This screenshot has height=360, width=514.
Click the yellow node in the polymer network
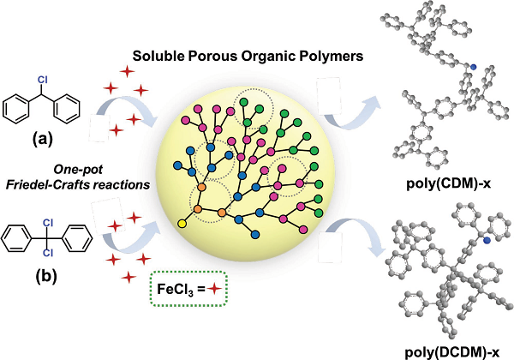tap(182, 224)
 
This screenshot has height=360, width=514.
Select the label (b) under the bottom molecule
tap(46, 276)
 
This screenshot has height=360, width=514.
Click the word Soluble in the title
tap(158, 56)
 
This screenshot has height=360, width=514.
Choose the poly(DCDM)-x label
tap(452, 353)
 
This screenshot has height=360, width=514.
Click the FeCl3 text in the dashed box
tap(177, 289)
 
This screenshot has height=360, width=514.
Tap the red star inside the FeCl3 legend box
tap(214, 289)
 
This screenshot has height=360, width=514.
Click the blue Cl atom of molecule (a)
tap(43, 80)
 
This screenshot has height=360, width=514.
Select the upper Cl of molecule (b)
tap(48, 223)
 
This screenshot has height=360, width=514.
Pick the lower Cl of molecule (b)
tap(48, 253)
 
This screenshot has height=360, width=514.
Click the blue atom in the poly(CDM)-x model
tap(473, 67)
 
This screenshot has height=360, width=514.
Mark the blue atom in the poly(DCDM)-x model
tap(487, 241)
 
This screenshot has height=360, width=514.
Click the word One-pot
tap(78, 170)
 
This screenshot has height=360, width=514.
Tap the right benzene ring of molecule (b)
tap(78, 238)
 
